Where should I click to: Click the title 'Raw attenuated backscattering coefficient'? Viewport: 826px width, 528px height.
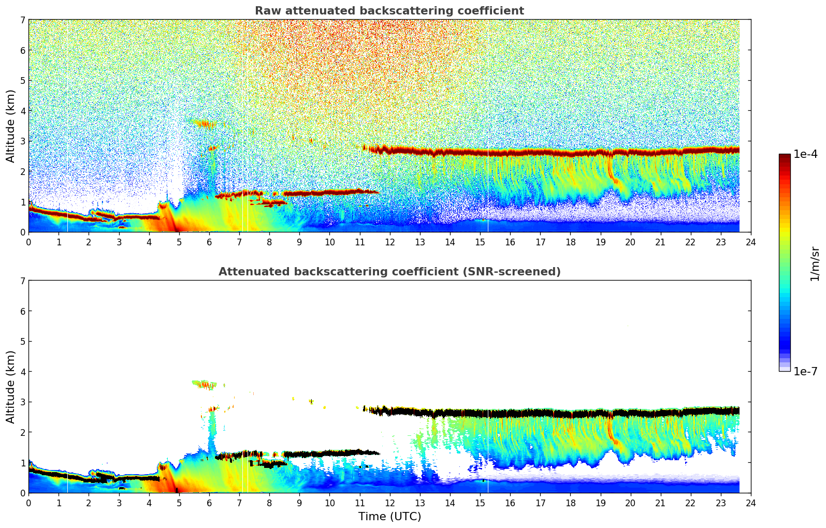[389, 11]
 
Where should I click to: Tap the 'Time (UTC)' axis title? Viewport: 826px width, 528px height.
[389, 517]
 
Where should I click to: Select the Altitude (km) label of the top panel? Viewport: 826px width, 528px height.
[11, 126]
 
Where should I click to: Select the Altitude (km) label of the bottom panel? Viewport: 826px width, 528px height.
[11, 387]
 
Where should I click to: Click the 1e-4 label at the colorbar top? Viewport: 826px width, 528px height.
[805, 154]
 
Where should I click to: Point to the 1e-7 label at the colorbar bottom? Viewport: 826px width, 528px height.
[805, 371]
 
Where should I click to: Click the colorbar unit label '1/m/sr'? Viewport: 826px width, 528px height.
[815, 263]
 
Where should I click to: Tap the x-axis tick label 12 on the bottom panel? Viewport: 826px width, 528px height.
[389, 503]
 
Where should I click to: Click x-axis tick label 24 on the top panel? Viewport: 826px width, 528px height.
[750, 242]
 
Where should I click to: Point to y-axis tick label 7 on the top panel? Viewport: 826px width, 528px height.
[22, 20]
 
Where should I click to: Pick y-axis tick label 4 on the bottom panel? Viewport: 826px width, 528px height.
[22, 372]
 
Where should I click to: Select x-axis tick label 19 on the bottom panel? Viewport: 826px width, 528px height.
[600, 503]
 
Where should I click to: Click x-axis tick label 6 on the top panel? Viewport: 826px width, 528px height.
[209, 242]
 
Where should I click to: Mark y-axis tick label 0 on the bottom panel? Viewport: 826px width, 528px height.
[22, 493]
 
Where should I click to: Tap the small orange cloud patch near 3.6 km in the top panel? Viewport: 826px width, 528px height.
[205, 123]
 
